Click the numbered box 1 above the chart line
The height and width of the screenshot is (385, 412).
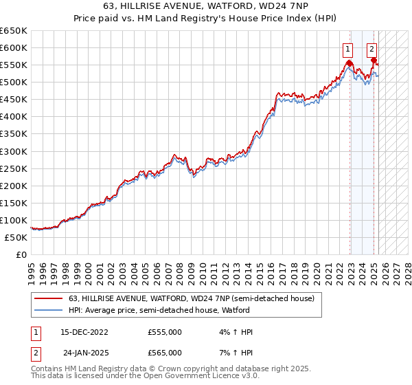pyautogui.click(x=348, y=49)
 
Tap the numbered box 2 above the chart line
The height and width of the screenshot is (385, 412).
pyautogui.click(x=371, y=49)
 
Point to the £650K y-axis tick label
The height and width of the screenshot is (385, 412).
pyautogui.click(x=14, y=31)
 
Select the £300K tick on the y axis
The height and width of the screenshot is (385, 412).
pyautogui.click(x=14, y=151)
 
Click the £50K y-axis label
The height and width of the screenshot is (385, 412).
pyautogui.click(x=16, y=237)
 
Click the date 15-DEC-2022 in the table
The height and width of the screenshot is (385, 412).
pyautogui.click(x=84, y=332)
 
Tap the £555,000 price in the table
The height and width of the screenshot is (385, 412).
pyautogui.click(x=165, y=332)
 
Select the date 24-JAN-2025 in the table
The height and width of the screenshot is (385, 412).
pyautogui.click(x=86, y=353)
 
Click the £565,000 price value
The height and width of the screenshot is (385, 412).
pyautogui.click(x=165, y=353)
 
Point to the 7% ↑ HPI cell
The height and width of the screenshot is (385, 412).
pyautogui.click(x=234, y=353)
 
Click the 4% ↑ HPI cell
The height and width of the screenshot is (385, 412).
pyautogui.click(x=234, y=332)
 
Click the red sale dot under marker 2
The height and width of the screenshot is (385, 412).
pyautogui.click(x=374, y=60)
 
